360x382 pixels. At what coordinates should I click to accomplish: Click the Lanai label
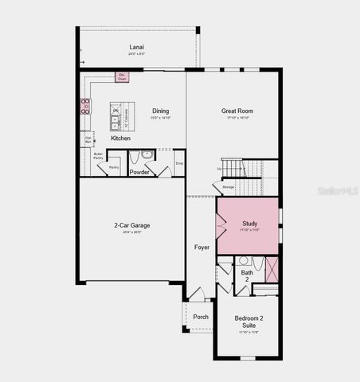[137, 48]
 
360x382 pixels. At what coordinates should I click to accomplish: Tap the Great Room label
[237, 111]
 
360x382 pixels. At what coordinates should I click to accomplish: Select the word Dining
[161, 111]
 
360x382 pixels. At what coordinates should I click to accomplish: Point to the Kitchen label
[121, 138]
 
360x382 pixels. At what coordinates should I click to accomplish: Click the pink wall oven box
[122, 77]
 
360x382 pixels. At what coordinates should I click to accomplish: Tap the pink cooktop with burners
[84, 106]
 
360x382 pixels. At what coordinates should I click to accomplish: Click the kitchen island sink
[115, 121]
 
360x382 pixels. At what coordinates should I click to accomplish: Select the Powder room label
[140, 171]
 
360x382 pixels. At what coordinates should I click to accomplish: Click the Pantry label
[114, 167]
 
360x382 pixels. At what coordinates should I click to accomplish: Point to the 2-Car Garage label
[132, 225]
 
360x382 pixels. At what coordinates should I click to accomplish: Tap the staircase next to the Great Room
[233, 167]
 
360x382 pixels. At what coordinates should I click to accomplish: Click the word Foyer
[202, 247]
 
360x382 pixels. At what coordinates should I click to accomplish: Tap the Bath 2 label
[247, 276]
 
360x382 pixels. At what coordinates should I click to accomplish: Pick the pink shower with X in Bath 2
[272, 269]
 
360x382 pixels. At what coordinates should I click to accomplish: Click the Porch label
[201, 317]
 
